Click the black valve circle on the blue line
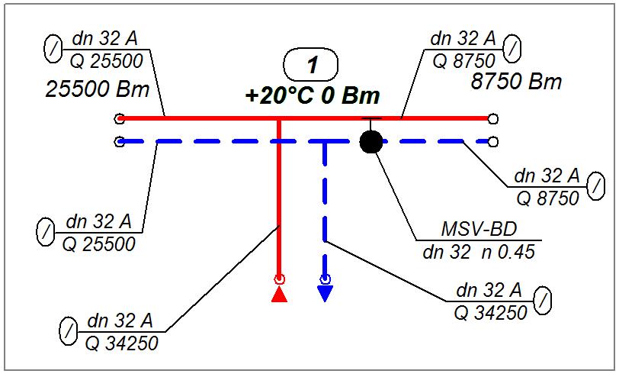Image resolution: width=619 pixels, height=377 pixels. click(371, 141)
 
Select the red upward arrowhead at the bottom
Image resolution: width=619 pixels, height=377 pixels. click(280, 294)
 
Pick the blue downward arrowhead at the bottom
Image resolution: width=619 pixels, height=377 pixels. click(326, 294)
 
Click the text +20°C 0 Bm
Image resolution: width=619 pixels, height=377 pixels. click(313, 97)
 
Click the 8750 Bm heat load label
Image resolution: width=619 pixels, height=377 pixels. click(516, 82)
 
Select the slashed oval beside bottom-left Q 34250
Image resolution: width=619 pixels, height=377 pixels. click(68, 333)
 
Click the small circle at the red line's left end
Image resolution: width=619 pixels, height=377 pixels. click(119, 119)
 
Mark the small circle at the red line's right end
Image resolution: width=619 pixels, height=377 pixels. click(493, 119)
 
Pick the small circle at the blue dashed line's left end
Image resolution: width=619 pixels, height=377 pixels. click(119, 141)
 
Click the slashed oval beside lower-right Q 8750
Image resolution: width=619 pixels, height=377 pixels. click(598, 185)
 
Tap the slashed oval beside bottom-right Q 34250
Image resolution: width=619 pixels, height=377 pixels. click(542, 301)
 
